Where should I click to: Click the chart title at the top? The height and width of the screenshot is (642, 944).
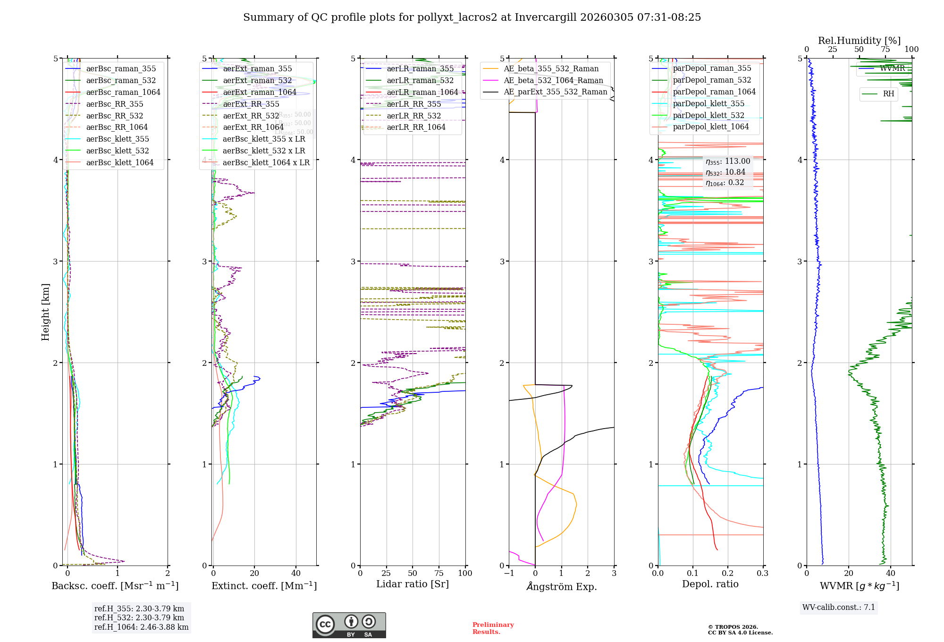click(x=472, y=17)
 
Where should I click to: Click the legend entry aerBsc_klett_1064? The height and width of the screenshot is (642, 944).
click(x=119, y=162)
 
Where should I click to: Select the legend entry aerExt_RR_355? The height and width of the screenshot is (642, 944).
click(x=251, y=104)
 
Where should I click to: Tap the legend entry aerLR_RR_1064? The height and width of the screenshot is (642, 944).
click(x=416, y=127)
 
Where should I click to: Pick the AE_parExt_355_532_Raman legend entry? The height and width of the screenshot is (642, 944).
click(x=555, y=92)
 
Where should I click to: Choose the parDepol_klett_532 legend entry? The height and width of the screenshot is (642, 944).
click(x=708, y=115)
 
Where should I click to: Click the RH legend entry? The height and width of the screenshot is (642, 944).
click(x=888, y=94)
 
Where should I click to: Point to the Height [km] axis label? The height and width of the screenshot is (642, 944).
click(x=45, y=312)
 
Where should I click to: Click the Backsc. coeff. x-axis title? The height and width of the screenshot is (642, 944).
click(x=115, y=586)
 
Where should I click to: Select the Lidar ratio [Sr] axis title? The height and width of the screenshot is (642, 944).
click(x=412, y=584)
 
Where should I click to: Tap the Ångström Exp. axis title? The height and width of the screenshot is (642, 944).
click(x=561, y=586)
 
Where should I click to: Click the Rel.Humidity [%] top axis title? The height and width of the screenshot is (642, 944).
click(x=859, y=41)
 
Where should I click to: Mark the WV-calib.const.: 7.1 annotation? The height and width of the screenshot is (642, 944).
click(x=839, y=607)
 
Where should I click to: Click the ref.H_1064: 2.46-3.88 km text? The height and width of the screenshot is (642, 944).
click(x=141, y=627)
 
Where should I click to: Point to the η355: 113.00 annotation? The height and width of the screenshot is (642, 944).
click(x=727, y=161)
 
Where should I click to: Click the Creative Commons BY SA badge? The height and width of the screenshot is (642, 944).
click(x=349, y=625)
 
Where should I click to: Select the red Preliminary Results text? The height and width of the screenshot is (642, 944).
click(x=493, y=628)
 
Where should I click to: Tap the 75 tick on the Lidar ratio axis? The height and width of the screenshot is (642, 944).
click(x=439, y=573)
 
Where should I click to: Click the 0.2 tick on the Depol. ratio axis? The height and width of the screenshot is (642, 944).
click(x=728, y=573)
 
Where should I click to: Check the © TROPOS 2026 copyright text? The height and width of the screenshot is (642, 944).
click(x=740, y=630)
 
